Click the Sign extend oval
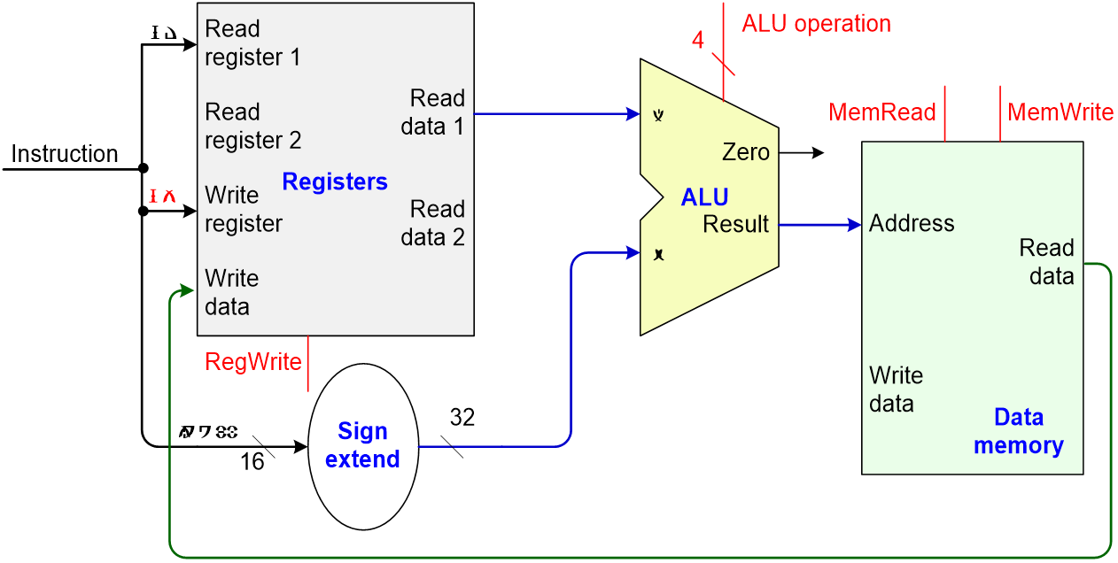[x=362, y=445]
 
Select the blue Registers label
[x=335, y=181]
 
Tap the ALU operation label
[x=816, y=23]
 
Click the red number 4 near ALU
[x=698, y=41]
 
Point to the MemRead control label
[x=881, y=112]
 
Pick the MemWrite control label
[x=1060, y=112]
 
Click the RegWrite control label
[x=253, y=361]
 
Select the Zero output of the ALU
[x=745, y=152]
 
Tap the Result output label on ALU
[x=735, y=225]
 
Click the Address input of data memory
[x=912, y=223]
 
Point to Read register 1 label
[x=252, y=43]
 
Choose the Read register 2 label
[x=252, y=127]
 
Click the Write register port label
[x=243, y=210]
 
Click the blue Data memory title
[x=1018, y=431]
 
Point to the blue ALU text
[x=704, y=197]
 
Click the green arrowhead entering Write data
[x=189, y=290]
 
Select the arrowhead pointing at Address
[x=854, y=225]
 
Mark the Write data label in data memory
[x=896, y=389]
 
